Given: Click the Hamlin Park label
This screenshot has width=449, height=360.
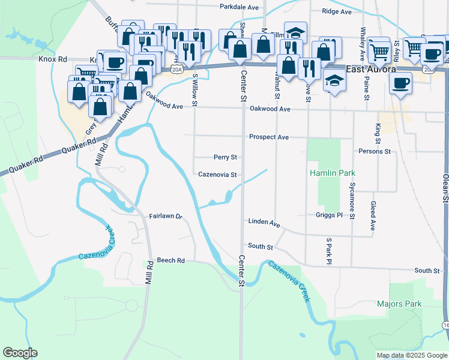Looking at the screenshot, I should pos(329,173).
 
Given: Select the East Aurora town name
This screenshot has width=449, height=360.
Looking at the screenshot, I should pos(370,69).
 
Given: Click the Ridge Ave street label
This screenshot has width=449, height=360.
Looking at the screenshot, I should pos(336,11).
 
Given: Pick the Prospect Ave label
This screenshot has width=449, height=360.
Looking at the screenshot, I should pos(269,137).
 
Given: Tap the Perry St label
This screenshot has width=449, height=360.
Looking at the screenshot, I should pos(225,157).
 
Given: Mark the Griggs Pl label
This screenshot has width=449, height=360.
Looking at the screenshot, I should pos(328,215).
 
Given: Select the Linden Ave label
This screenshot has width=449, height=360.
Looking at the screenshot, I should pos(264,223).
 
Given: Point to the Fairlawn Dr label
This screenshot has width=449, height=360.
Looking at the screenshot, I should pos(165,215).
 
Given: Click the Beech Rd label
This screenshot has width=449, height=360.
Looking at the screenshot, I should pos(170,261).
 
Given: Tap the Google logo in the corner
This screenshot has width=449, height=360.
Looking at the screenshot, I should pos(20,353).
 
